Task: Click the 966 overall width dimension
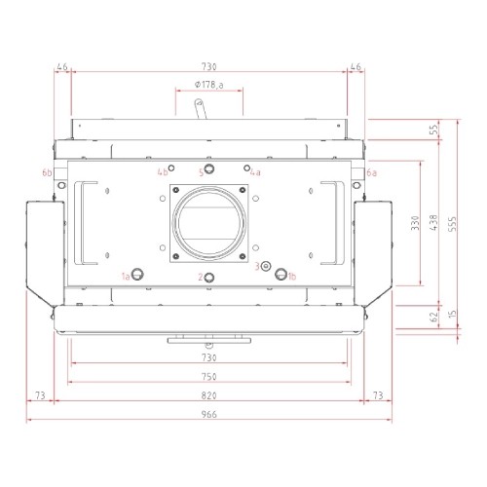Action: pyautogui.click(x=208, y=414)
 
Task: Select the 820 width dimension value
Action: pyautogui.click(x=208, y=395)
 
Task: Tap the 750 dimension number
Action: pyautogui.click(x=208, y=377)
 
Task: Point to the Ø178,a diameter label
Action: pyautogui.click(x=209, y=85)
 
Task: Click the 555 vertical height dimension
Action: pyautogui.click(x=452, y=224)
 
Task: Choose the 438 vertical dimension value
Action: pyautogui.click(x=433, y=222)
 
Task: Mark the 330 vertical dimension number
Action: pyautogui.click(x=415, y=223)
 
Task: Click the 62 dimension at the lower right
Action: pyautogui.click(x=433, y=317)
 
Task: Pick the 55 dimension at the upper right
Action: pyautogui.click(x=433, y=130)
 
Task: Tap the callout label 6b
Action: pyautogui.click(x=47, y=172)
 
